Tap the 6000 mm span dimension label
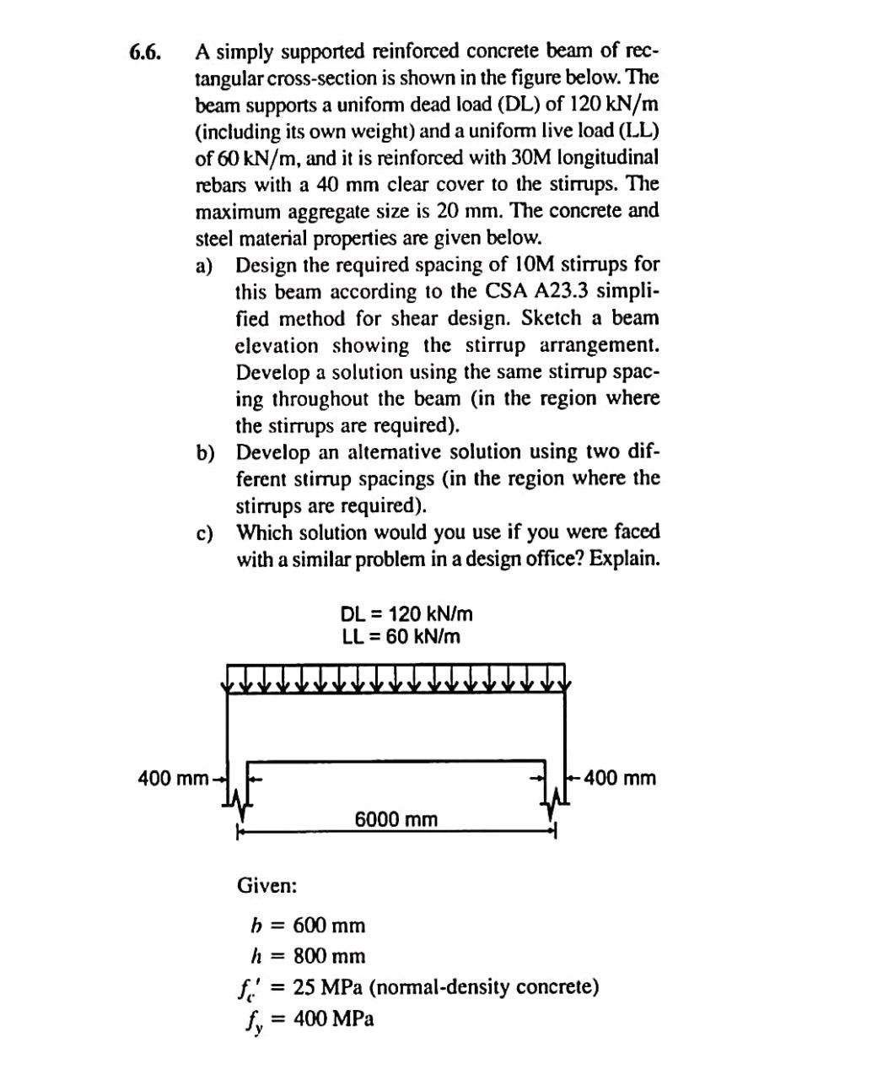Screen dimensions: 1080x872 coord(396,818)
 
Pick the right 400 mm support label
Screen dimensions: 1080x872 coord(619,777)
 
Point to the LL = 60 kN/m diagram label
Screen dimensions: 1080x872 coord(401,636)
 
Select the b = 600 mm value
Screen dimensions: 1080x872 coord(329,926)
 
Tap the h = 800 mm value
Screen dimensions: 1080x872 coord(329,956)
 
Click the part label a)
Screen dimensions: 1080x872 coord(204,267)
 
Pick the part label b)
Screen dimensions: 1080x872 coord(205,453)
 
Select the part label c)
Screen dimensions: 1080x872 coord(204,533)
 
